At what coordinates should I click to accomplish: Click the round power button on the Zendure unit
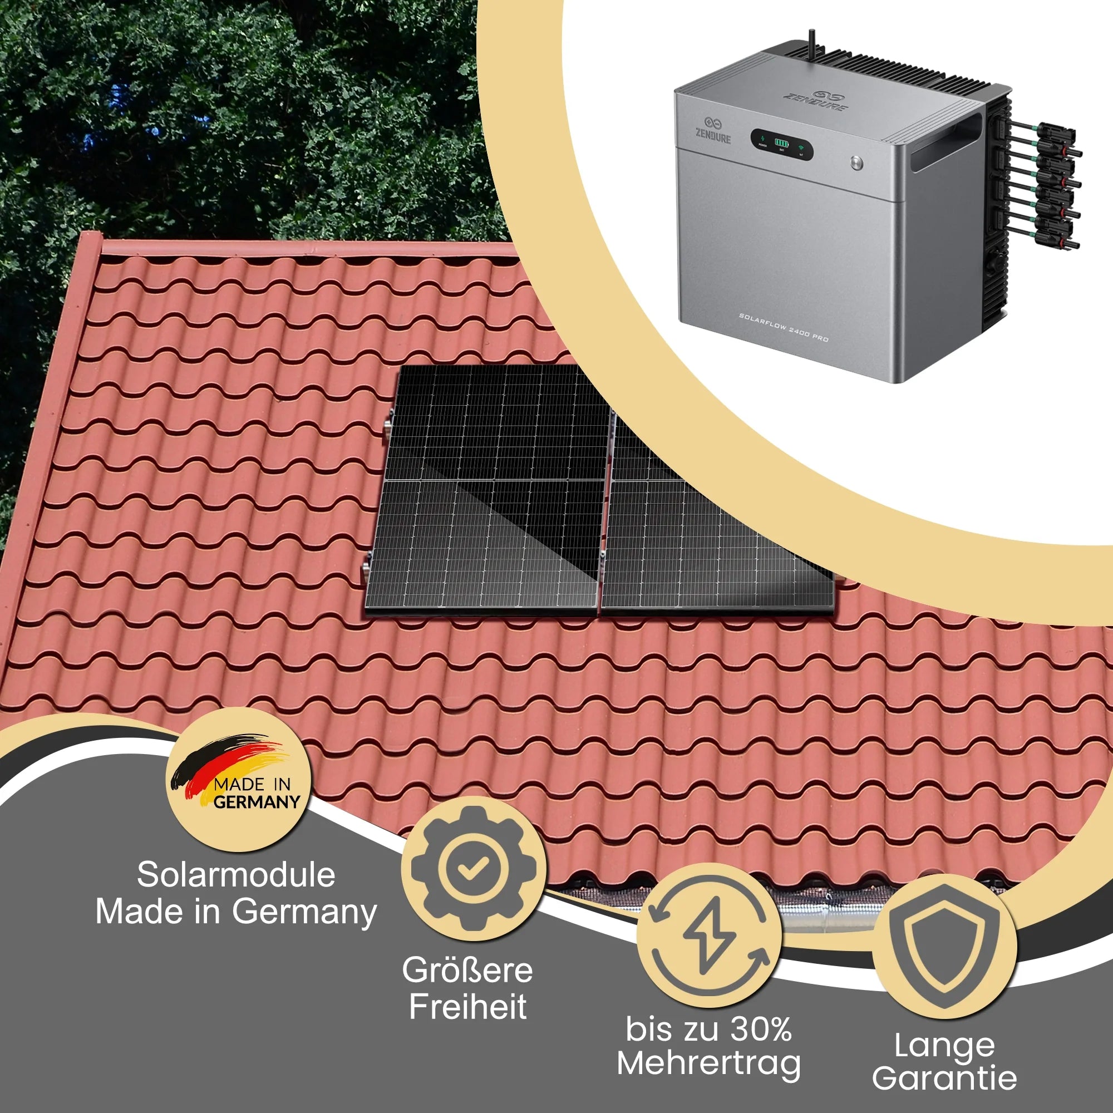856,162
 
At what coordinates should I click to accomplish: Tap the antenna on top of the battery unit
812,44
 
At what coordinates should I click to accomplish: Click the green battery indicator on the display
782,142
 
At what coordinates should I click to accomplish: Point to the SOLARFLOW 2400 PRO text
784,327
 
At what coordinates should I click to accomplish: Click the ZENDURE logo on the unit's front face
713,131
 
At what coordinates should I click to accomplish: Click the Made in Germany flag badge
239,779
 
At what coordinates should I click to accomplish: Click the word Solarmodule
236,874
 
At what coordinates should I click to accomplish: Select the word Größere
468,970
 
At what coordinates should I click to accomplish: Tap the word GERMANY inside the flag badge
257,801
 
